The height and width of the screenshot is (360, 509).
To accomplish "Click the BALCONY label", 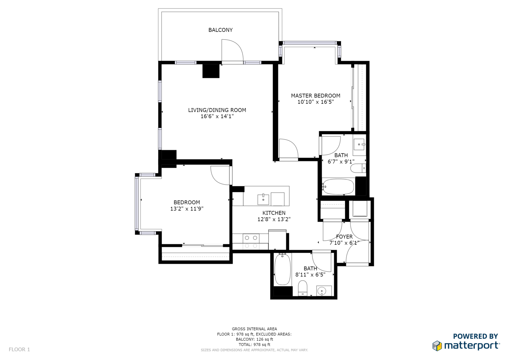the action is click(220, 30).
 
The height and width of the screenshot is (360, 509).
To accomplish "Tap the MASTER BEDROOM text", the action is click(316, 96).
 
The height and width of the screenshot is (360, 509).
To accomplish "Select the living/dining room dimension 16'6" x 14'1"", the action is click(217, 116).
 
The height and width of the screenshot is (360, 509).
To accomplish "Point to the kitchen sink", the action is click(263, 199).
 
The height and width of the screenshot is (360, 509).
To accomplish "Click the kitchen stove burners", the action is click(251, 242).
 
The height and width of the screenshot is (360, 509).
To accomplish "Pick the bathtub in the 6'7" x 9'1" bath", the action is click(338, 187).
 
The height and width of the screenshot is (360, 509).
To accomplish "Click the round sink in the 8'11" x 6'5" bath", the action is click(322, 291).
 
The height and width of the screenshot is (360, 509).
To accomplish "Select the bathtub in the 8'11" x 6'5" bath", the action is click(282, 269).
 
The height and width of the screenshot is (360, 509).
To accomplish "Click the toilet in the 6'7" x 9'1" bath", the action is click(358, 168).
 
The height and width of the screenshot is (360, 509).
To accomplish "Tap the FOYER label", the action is click(344, 237).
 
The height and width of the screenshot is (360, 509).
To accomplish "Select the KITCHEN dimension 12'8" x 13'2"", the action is click(274, 219).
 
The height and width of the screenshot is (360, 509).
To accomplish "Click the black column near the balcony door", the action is click(211, 71).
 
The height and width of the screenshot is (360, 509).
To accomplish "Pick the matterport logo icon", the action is click(437, 346).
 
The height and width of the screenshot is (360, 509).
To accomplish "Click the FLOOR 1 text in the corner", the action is click(19, 350).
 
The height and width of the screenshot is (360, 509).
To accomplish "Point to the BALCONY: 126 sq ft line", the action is click(254, 339).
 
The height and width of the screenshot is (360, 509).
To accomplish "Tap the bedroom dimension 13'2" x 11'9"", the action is click(187, 209).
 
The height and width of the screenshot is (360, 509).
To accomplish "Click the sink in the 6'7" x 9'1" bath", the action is click(359, 144).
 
